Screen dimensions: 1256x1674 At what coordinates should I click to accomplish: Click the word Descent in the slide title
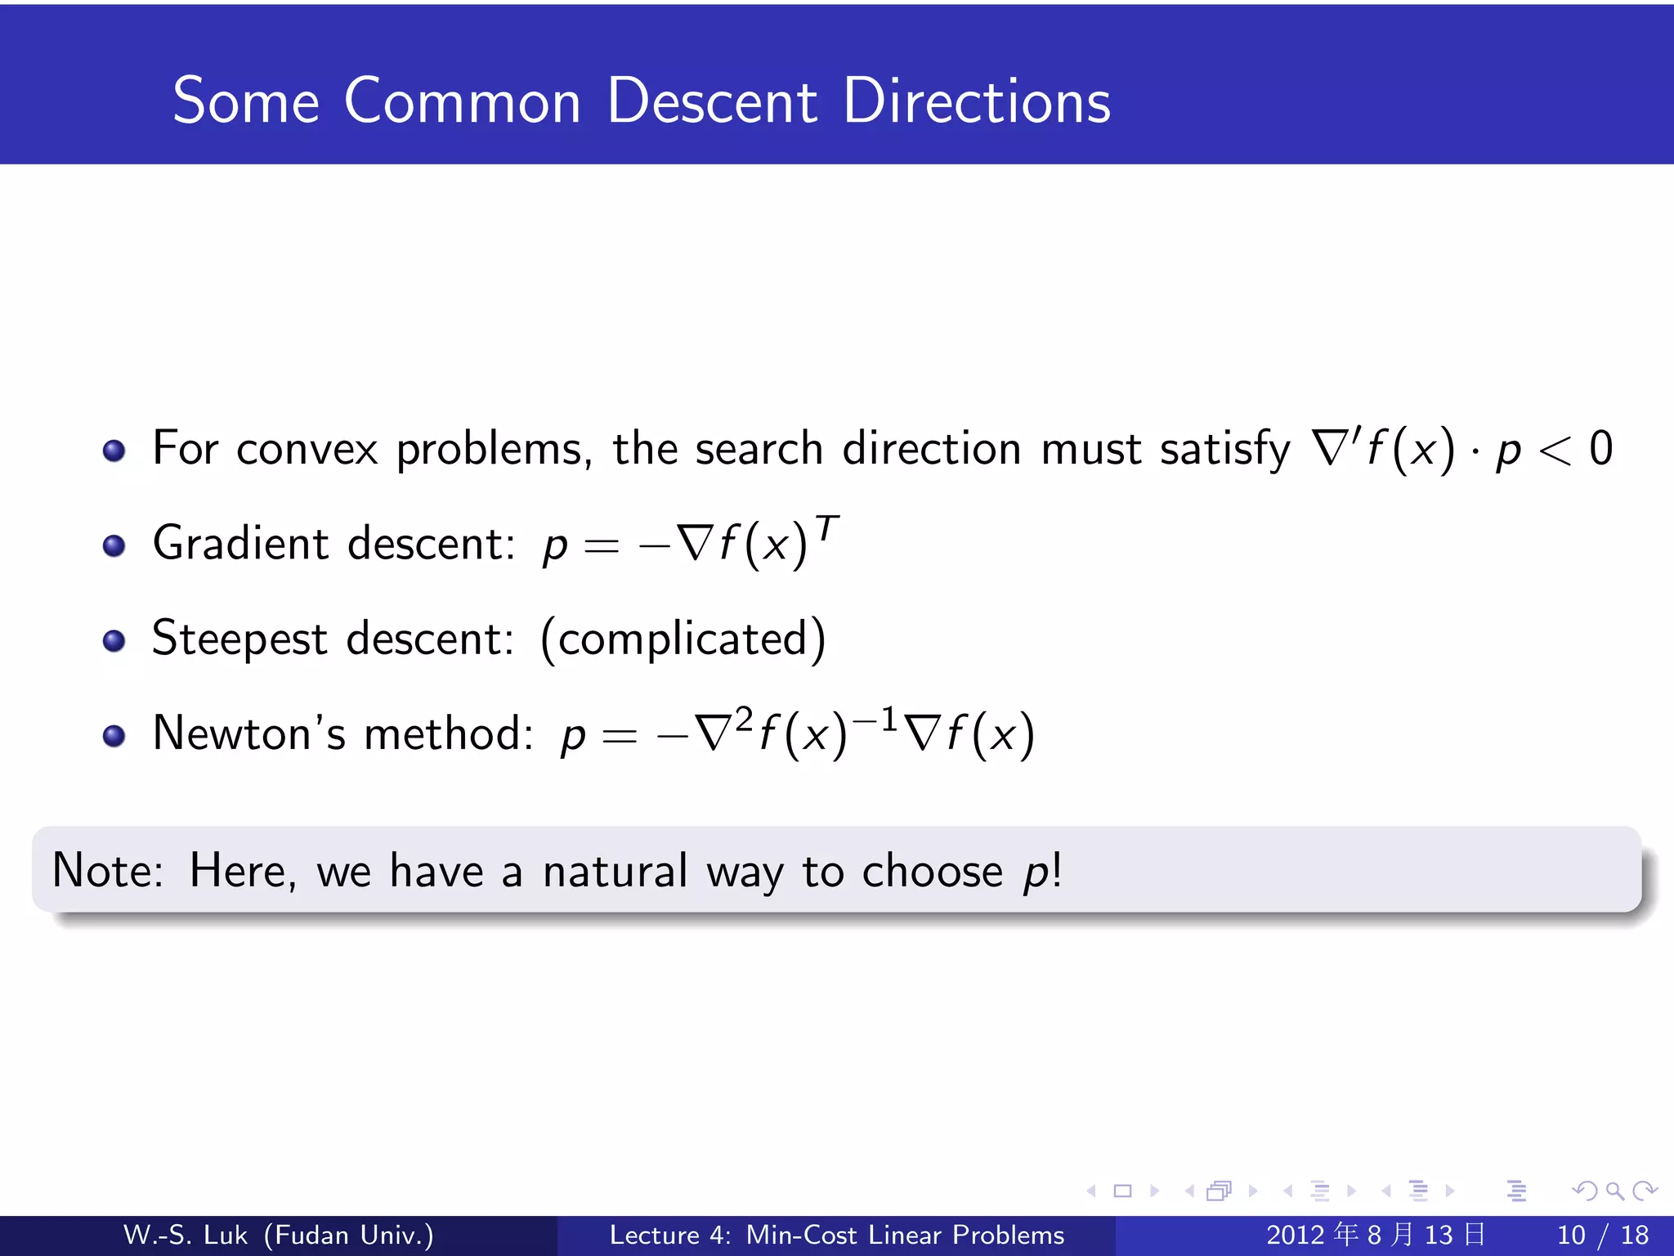[711, 101]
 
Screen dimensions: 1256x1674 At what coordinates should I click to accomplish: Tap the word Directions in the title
[976, 101]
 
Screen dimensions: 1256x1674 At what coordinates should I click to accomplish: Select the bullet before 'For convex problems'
[114, 451]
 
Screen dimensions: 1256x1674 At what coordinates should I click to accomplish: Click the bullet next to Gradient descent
[114, 545]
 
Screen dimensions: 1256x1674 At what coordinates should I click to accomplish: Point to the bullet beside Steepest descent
[114, 640]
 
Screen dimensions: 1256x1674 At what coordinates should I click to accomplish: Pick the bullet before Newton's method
[114, 735]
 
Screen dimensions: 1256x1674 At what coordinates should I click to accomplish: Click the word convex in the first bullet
[307, 450]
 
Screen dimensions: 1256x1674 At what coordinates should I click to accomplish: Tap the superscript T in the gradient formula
[827, 529]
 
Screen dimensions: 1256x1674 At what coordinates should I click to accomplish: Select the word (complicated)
[683, 639]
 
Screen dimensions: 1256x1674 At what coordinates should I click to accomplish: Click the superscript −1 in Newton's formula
[875, 720]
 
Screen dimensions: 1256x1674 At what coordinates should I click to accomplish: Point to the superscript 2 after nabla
[743, 719]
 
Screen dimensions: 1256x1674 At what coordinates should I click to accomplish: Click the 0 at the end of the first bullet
[1600, 449]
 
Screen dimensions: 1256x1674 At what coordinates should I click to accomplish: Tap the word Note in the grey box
[107, 870]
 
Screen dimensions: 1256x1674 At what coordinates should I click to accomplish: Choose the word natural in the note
[615, 870]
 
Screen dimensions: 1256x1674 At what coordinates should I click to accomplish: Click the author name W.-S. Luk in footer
[185, 1235]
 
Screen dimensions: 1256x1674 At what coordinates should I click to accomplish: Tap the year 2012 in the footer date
[1296, 1235]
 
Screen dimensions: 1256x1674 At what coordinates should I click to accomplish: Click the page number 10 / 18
[1603, 1235]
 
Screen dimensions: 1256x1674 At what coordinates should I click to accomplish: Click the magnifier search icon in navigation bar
[1614, 1191]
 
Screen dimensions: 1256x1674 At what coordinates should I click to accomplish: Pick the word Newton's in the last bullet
[248, 733]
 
